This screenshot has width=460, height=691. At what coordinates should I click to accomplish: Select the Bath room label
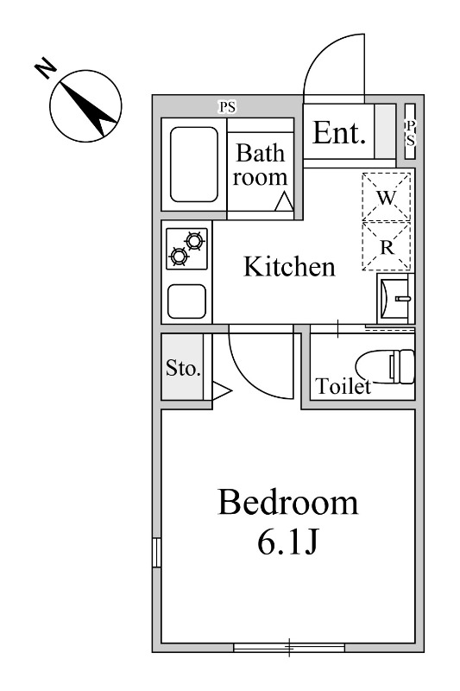coord(260,165)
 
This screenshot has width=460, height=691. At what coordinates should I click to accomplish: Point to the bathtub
coord(194,164)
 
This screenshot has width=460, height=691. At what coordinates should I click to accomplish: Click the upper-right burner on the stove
coord(194,241)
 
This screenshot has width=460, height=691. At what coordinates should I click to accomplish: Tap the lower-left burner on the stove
coord(180,256)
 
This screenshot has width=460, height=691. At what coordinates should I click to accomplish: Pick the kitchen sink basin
coord(186,301)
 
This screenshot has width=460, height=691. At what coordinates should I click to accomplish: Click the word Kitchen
coord(289,267)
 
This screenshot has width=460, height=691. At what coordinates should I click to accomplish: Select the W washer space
coord(386,197)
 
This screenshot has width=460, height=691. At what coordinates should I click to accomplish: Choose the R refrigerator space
coord(386,246)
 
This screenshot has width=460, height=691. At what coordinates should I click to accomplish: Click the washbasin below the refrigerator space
coord(396,299)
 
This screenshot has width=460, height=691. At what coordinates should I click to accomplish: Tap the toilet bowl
coord(385,366)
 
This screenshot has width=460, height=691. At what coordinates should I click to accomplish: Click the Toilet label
coord(343,386)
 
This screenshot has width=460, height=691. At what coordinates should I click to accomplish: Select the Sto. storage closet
coord(182,367)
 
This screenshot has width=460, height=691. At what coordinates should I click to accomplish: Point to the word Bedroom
coord(288,503)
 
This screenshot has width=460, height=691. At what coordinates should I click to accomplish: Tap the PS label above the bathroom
coord(228,106)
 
